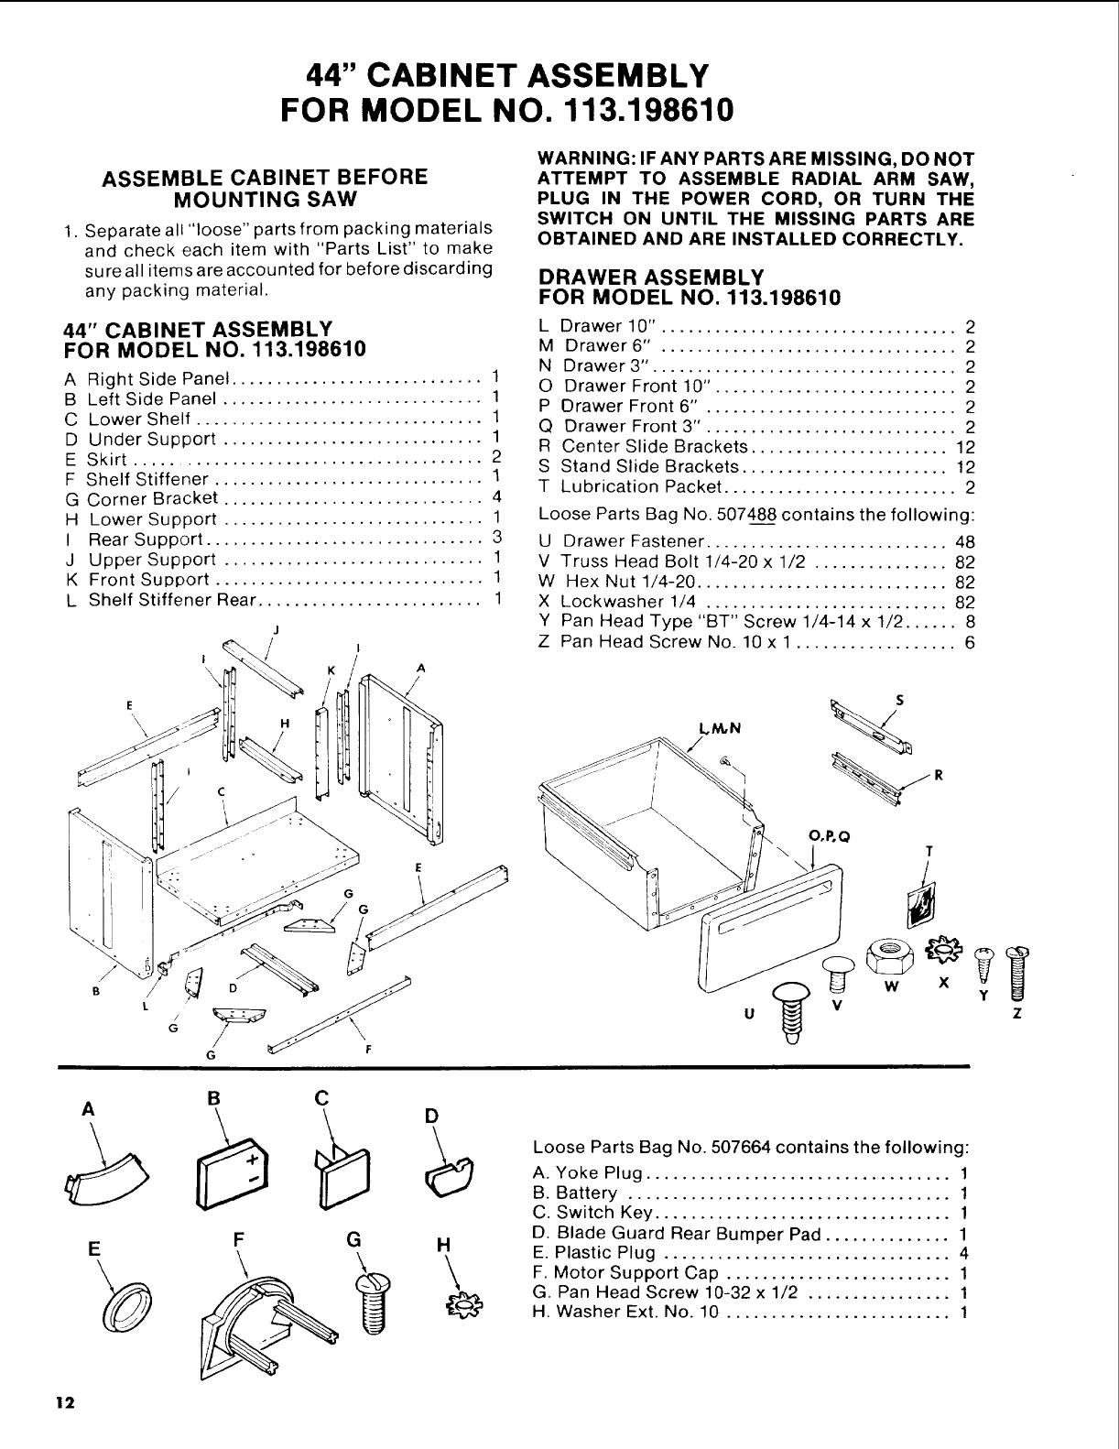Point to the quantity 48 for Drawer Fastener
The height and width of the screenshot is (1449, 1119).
click(x=964, y=541)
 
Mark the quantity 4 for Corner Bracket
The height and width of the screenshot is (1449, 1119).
click(x=494, y=498)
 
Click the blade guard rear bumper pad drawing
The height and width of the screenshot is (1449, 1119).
click(x=451, y=1177)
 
